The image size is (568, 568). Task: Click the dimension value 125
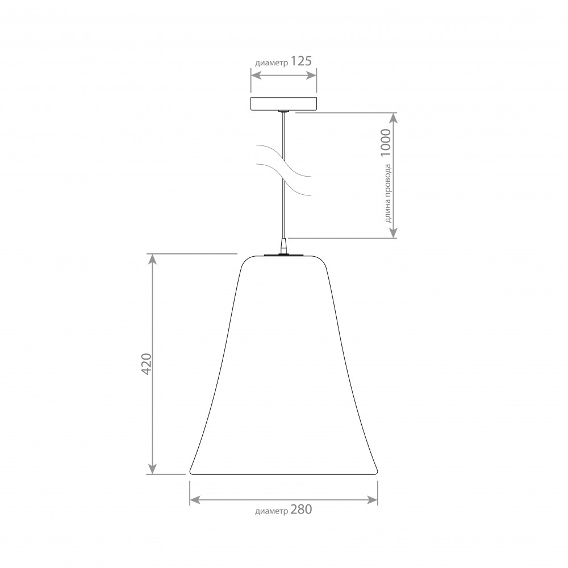tap(301, 61)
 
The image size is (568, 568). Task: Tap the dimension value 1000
tap(386, 143)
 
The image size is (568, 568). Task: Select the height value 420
tap(147, 364)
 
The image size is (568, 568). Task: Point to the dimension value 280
tap(301, 509)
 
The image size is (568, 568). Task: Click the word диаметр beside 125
tap(272, 63)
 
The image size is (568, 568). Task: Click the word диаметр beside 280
tap(272, 511)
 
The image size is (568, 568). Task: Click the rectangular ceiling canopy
tap(283, 103)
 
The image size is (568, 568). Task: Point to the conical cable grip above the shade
tap(283, 245)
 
